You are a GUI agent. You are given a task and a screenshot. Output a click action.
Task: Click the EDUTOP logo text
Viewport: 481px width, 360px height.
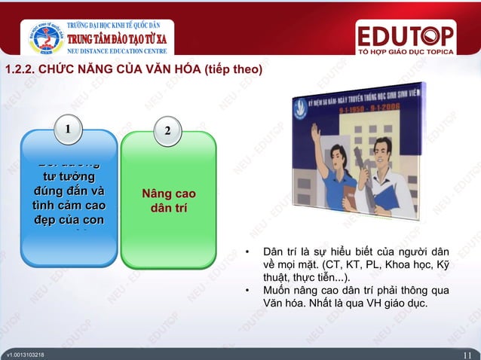(406, 35)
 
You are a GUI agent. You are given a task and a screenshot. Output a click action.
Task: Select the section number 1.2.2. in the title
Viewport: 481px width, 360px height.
(22, 71)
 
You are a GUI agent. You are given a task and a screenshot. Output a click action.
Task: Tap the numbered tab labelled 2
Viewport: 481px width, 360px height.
(167, 131)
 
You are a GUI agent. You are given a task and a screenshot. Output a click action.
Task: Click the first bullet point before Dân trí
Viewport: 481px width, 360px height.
(248, 252)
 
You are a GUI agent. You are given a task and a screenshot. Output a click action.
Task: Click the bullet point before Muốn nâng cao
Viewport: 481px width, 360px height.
(248, 289)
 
